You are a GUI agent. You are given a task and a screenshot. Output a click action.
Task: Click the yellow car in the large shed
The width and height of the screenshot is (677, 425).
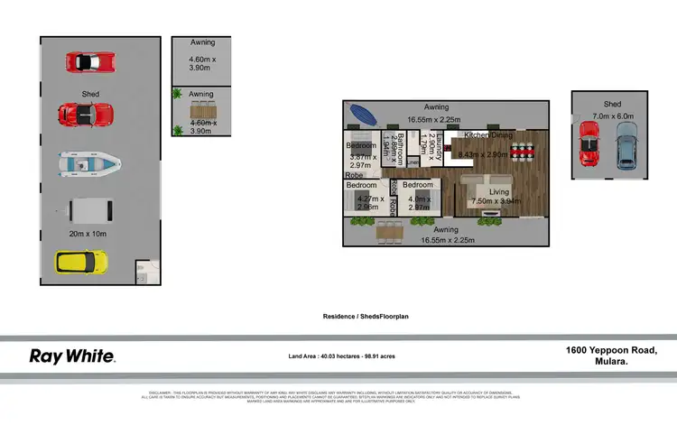click(82, 263)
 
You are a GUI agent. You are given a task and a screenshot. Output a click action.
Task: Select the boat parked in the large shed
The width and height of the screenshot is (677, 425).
click(88, 163)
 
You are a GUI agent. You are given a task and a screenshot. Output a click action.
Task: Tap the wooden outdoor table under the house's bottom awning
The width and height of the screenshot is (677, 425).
click(390, 231)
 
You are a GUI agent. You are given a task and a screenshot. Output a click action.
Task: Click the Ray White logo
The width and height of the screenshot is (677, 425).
click(72, 356)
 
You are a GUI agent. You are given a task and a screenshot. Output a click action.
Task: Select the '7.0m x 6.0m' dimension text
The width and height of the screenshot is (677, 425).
click(614, 115)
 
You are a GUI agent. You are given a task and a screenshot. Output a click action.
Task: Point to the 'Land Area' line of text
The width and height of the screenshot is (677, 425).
click(340, 356)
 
